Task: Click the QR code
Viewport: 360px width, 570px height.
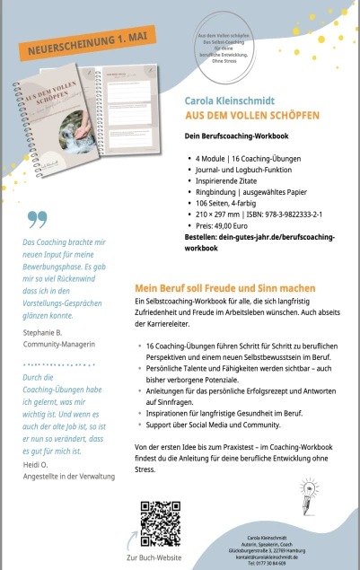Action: (x=156, y=517)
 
